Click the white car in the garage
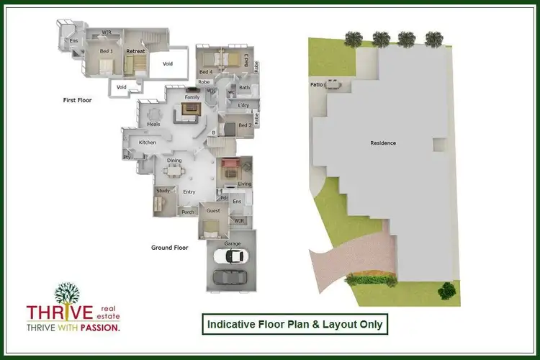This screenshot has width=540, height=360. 238,256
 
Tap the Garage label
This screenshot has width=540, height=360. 232,244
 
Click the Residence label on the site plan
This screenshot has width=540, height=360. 383,143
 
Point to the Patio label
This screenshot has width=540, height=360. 316,85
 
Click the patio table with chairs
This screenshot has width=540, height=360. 333,85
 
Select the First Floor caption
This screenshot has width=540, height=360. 78,101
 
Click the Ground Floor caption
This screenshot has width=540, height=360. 169,247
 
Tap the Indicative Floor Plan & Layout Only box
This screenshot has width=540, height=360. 294,325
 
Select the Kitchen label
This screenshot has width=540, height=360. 148,143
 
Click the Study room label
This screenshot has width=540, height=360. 162,191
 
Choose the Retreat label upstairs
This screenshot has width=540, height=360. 135,52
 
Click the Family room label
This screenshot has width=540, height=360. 192,97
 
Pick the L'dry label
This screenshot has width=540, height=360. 243,106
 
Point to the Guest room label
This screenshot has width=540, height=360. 213,211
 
